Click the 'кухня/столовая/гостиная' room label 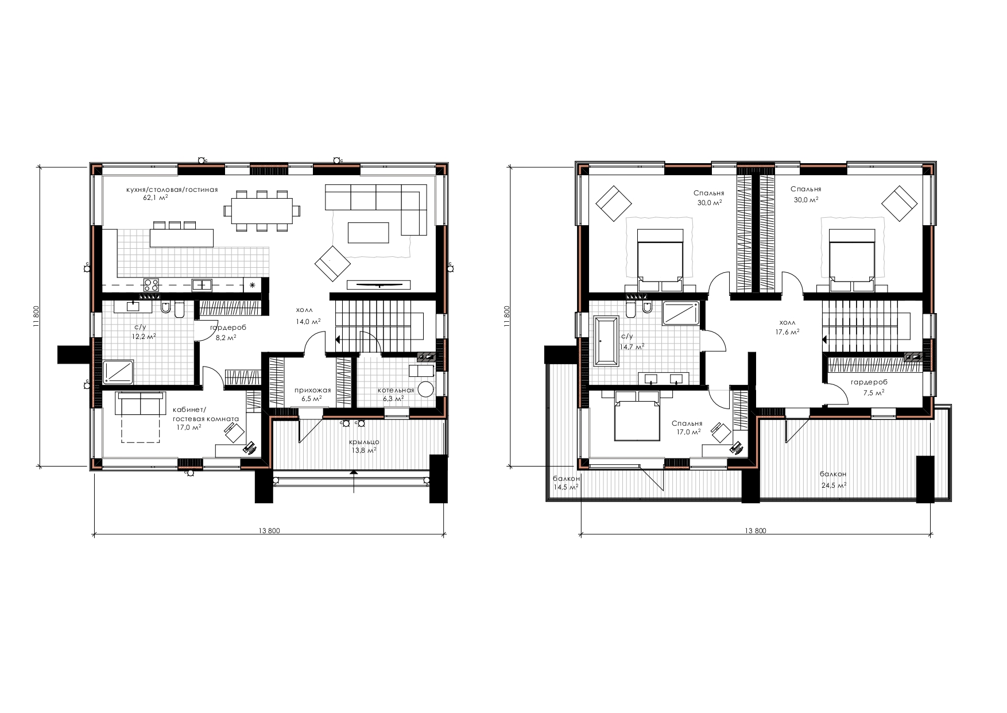tap(172, 189)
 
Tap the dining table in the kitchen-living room tap(262, 211)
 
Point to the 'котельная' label tap(396, 390)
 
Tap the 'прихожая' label tap(312, 390)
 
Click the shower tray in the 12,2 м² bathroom tap(118, 371)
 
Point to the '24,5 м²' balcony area tap(833, 485)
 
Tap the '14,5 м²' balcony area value tap(566, 487)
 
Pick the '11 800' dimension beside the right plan tap(506, 315)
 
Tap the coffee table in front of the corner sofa tap(368, 233)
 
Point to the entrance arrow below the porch tap(354, 481)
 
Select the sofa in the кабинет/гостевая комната tap(140, 403)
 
